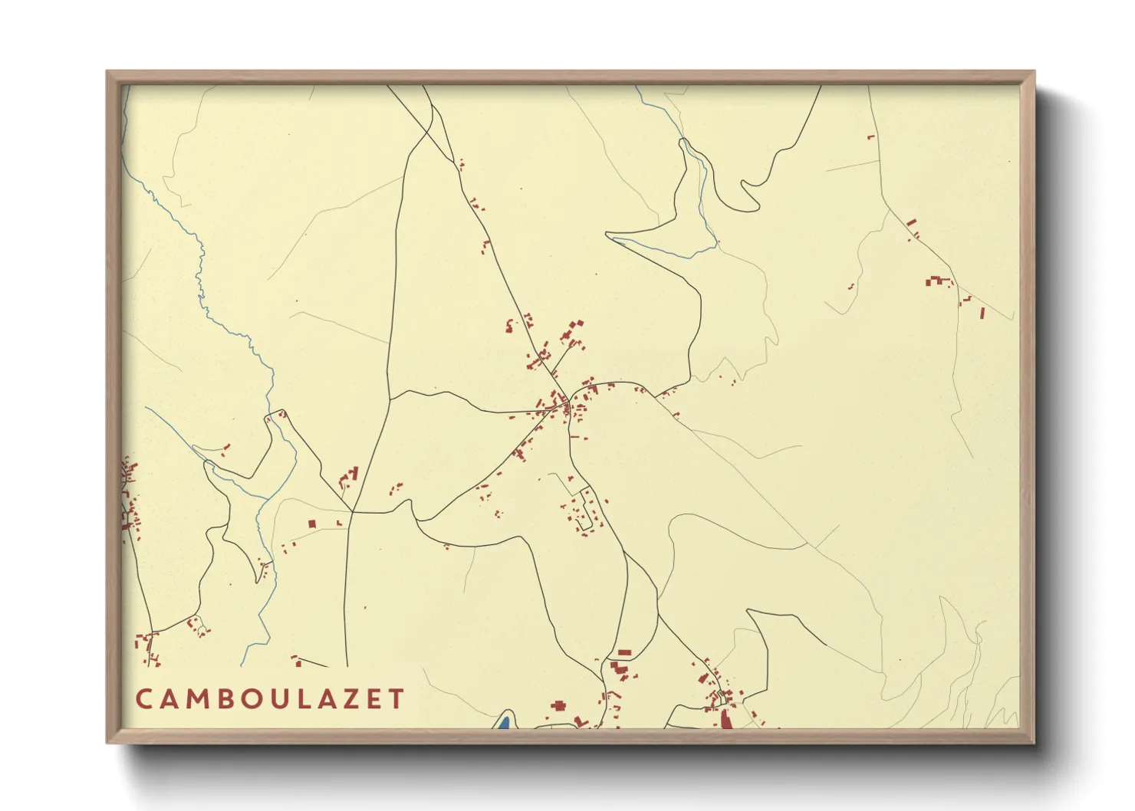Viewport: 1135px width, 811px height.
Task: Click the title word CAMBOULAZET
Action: tap(270, 699)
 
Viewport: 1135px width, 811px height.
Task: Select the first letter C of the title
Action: tap(143, 699)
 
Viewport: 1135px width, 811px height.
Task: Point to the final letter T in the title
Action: tap(396, 699)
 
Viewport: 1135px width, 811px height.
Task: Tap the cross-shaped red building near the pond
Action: tap(558, 705)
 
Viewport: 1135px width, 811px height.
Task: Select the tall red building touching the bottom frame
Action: tap(725, 719)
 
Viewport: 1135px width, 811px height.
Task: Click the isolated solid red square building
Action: tap(312, 524)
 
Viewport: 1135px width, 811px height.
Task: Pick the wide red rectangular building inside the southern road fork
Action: tap(624, 652)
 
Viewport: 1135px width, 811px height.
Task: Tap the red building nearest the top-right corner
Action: tap(870, 137)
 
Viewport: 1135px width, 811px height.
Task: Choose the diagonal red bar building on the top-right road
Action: tap(911, 223)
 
